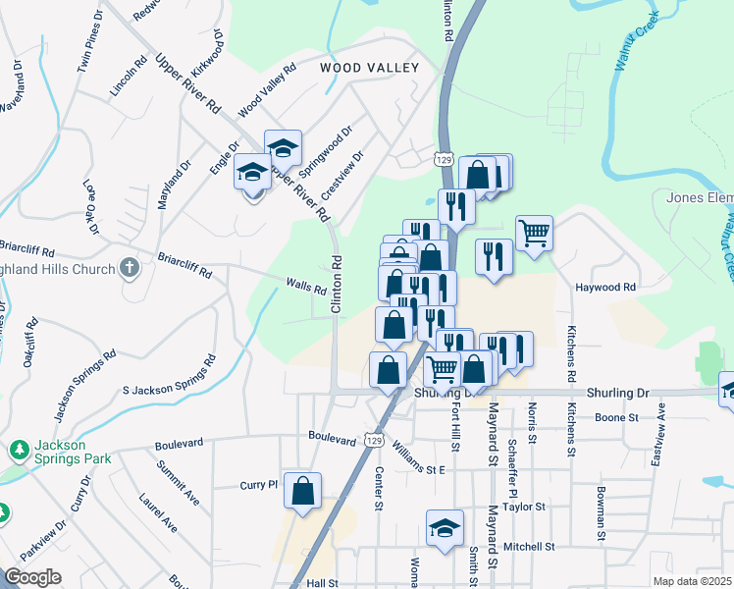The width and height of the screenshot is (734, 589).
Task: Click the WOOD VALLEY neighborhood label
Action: click(x=369, y=68)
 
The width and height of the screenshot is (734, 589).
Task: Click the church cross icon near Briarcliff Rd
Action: click(x=129, y=267)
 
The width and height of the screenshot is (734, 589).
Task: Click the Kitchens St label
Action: click(x=570, y=354)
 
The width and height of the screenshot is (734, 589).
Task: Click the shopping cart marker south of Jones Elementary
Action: click(x=534, y=234)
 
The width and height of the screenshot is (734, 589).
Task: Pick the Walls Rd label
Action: click(x=305, y=289)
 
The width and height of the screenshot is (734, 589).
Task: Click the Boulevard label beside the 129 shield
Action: click(x=331, y=439)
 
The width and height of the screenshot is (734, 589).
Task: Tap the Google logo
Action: click(x=32, y=577)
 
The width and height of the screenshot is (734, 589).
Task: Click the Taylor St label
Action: click(x=524, y=507)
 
